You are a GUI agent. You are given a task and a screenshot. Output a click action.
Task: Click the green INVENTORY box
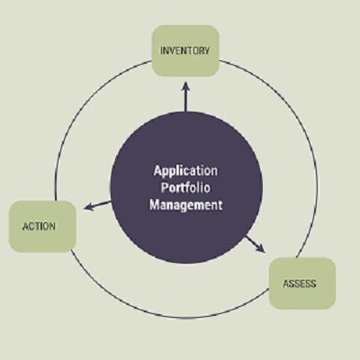[185, 50]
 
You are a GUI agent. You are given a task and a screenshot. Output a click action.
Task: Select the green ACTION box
[42, 227]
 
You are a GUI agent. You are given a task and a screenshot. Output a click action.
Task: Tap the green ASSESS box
[302, 283]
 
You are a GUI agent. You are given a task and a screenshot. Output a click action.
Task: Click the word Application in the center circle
[185, 171]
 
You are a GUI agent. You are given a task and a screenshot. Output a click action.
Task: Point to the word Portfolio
[185, 188]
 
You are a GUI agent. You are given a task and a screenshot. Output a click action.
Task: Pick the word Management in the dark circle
[186, 205]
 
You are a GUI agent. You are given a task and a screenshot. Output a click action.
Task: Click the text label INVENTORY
[184, 50]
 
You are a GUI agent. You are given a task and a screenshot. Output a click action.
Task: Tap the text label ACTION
[39, 226]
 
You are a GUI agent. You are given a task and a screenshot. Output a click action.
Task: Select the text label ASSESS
[300, 283]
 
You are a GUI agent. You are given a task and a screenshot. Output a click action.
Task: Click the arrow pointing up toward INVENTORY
[186, 96]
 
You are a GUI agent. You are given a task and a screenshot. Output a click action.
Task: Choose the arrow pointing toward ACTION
[97, 205]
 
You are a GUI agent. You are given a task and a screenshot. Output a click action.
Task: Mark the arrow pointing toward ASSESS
[255, 244]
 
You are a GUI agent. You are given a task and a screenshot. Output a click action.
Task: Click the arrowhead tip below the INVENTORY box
[186, 82]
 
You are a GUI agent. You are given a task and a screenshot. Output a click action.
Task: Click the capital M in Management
[154, 205]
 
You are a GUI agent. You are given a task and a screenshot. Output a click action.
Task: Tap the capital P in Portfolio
[165, 188]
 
